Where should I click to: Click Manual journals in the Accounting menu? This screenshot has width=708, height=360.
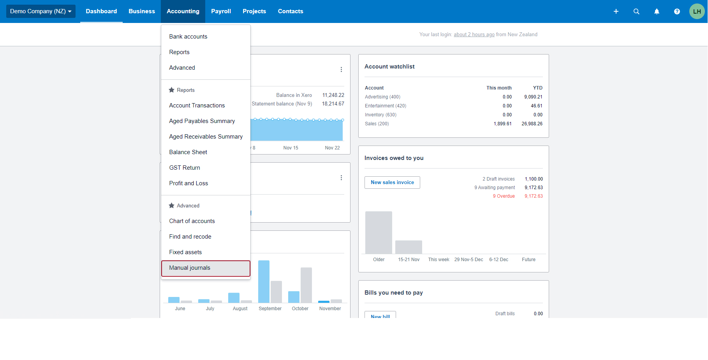tap(190, 268)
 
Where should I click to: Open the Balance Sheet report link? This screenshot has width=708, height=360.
tap(188, 152)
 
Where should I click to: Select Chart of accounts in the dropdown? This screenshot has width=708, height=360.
tap(192, 221)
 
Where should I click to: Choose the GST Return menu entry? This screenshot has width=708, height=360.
tap(185, 168)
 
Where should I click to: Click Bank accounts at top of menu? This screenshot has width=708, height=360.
tap(188, 37)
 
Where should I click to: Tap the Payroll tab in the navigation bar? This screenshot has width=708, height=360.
tap(221, 11)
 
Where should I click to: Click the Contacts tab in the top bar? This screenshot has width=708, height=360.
tap(291, 11)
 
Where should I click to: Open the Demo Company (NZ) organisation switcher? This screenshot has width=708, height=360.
tap(41, 11)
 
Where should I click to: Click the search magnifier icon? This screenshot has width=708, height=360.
tap(636, 11)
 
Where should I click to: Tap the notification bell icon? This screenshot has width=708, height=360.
tap(657, 11)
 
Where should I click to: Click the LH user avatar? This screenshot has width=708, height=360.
tap(697, 11)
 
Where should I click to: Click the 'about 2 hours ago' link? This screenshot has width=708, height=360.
tap(474, 35)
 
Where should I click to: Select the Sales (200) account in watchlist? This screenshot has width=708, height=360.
tap(377, 124)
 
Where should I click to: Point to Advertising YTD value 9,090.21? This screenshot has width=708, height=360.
tap(533, 97)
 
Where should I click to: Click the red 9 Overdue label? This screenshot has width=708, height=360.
tap(504, 196)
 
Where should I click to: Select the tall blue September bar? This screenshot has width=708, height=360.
tap(264, 281)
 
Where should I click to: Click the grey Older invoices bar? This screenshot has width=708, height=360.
tap(379, 232)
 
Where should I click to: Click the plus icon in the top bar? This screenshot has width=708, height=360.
tap(616, 11)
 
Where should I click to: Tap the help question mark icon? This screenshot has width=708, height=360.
tap(677, 11)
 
